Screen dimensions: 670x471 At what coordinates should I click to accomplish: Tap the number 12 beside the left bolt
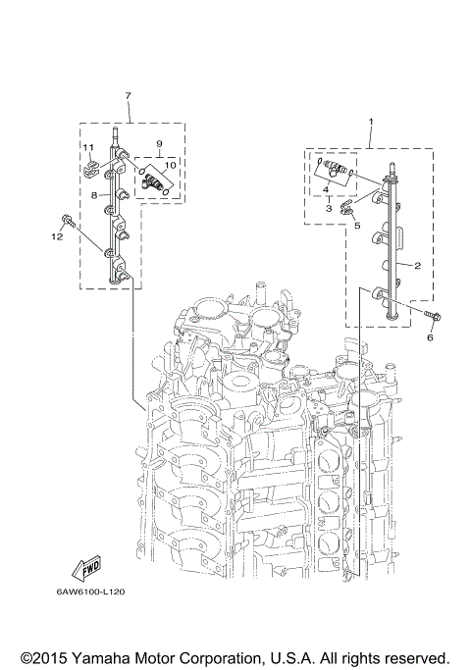coord(57,236)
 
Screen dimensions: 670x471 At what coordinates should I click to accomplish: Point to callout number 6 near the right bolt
coord(429,336)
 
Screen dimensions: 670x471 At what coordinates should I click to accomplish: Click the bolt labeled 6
coord(434,316)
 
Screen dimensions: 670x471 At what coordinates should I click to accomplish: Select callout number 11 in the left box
coord(87,148)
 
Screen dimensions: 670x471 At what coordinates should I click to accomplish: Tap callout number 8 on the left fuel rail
coord(95,196)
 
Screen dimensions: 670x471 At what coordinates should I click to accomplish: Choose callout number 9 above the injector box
coord(159,143)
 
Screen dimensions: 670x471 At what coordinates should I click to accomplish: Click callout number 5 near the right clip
coord(357,225)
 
